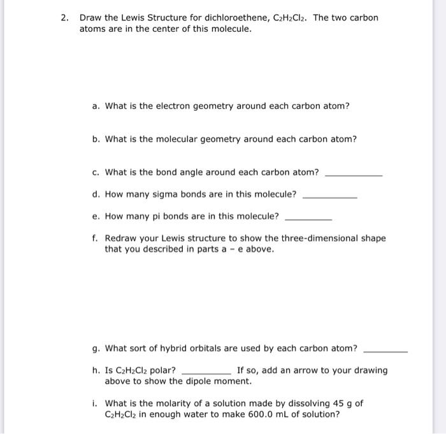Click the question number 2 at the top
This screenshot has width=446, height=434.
64,18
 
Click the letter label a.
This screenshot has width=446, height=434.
95,106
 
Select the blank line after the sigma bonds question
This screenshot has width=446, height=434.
329,196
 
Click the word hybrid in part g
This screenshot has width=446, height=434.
181,349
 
